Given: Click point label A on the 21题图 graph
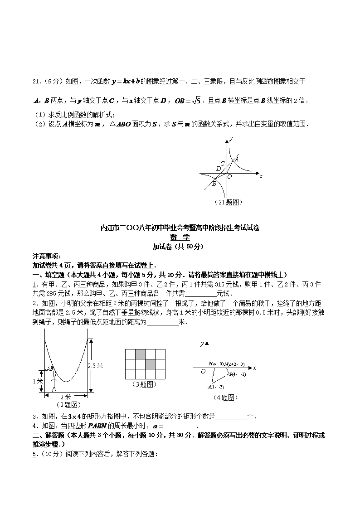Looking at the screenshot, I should (237, 159).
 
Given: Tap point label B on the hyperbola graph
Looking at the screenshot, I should (214, 184).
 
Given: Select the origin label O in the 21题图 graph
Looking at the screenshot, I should (229, 177).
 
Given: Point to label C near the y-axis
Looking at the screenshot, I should (222, 164).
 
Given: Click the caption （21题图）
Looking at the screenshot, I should (228, 202).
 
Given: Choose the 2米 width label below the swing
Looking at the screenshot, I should (66, 397).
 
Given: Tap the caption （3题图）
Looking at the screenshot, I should (145, 384).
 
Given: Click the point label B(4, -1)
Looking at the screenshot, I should (238, 374).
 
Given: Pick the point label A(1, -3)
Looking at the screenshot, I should (216, 387).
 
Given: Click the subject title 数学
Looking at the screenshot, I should (180, 237).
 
